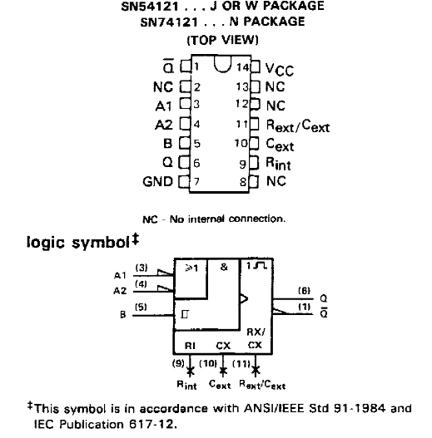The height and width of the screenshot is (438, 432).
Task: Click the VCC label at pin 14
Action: pyautogui.click(x=280, y=69)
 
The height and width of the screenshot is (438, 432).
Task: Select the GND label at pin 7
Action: pyautogui.click(x=158, y=181)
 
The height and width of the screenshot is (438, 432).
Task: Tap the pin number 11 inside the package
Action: pyautogui.click(x=241, y=124)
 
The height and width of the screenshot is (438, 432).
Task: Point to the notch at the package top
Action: pyautogui.click(x=223, y=64)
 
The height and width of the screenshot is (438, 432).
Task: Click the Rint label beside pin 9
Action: pyautogui.click(x=278, y=164)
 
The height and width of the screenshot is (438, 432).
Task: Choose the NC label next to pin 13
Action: pyautogui.click(x=275, y=86)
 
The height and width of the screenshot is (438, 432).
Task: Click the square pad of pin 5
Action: pyautogui.click(x=185, y=143)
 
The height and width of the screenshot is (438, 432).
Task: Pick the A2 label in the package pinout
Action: pyautogui.click(x=164, y=125)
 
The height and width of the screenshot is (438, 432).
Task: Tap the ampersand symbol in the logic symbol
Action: pyautogui.click(x=224, y=267)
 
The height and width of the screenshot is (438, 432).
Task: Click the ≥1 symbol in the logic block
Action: pyautogui.click(x=192, y=268)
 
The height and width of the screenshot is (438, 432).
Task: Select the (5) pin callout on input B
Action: pyautogui.click(x=141, y=307)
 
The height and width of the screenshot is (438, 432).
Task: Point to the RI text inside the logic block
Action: pyautogui.click(x=190, y=346)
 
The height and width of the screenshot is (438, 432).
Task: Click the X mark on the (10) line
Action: pyautogui.click(x=223, y=371)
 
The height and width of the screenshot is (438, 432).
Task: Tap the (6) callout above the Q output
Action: pyautogui.click(x=304, y=291)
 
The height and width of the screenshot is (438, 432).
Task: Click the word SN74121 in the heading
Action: pyautogui.click(x=169, y=22)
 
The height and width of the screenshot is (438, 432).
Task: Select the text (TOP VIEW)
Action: pyautogui.click(x=222, y=40)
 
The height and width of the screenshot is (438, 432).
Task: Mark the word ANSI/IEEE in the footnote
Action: pyautogui.click(x=274, y=408)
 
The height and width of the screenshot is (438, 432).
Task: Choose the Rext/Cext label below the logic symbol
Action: pyautogui.click(x=262, y=385)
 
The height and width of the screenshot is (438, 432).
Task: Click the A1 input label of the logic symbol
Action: pyautogui.click(x=121, y=275)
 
